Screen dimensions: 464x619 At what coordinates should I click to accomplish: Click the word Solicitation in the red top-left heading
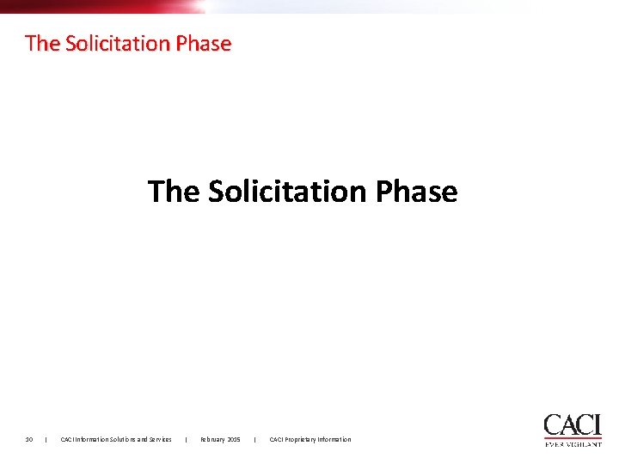(113, 43)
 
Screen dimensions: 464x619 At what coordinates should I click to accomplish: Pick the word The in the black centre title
(174, 191)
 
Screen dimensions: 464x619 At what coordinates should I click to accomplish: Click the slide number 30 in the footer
(28, 440)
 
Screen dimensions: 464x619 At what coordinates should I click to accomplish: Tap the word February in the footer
(213, 440)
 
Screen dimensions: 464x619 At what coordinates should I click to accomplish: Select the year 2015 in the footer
(234, 440)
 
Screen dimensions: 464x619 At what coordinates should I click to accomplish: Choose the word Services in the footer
(160, 440)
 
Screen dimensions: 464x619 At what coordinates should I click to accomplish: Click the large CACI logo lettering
(572, 424)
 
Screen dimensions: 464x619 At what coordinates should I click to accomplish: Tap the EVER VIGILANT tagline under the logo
(573, 444)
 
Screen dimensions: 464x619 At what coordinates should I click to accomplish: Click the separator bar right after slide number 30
(45, 440)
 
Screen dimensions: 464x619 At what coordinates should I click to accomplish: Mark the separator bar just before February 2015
(186, 440)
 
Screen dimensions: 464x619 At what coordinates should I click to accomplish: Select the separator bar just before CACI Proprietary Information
(255, 440)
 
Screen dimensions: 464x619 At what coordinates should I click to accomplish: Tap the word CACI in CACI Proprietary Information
(276, 440)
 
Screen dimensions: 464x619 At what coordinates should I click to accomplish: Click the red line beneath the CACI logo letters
(573, 438)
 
